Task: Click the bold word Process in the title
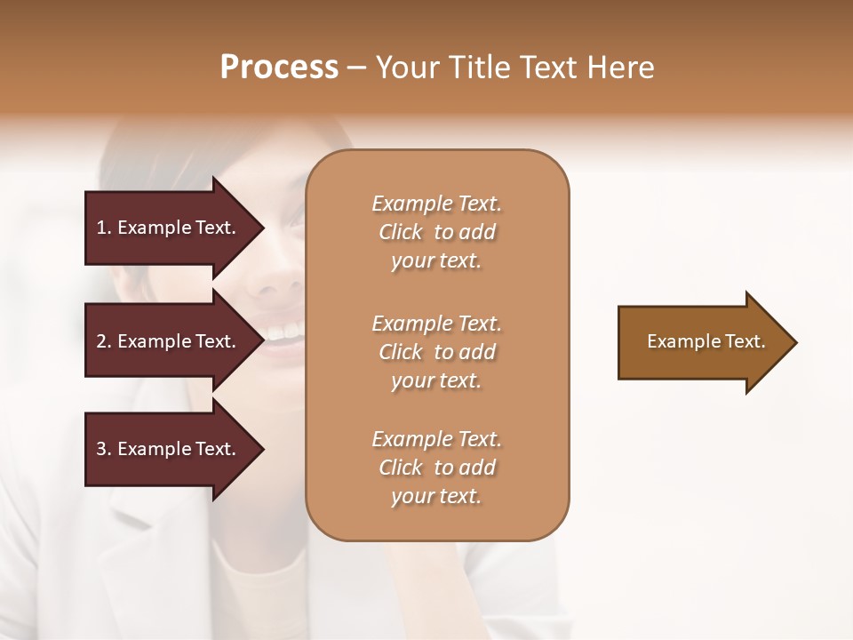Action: pyautogui.click(x=279, y=68)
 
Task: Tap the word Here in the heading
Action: pyautogui.click(x=621, y=68)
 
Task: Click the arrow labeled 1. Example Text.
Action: pyautogui.click(x=169, y=228)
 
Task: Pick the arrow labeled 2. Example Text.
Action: pyautogui.click(x=169, y=341)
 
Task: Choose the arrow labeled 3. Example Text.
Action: pyautogui.click(x=169, y=449)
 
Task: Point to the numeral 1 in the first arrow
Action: pyautogui.click(x=101, y=228)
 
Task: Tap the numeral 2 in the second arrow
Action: pyautogui.click(x=101, y=341)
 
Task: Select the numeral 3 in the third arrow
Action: pyautogui.click(x=101, y=449)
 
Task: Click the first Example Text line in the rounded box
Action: pyautogui.click(x=436, y=204)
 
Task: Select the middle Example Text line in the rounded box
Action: pyautogui.click(x=436, y=324)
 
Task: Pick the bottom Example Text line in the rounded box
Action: pyautogui.click(x=436, y=439)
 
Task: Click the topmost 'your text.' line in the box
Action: pyautogui.click(x=436, y=261)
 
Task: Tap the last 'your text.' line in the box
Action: pyautogui.click(x=436, y=497)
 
